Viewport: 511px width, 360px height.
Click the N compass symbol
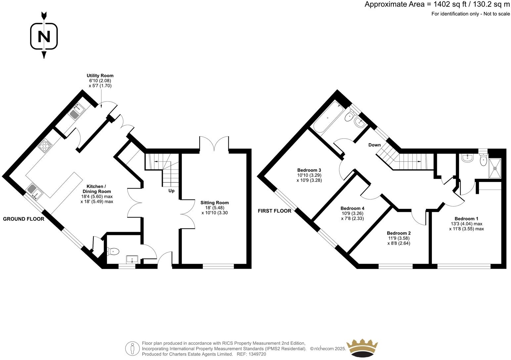(44, 36)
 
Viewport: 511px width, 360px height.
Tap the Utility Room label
(100, 76)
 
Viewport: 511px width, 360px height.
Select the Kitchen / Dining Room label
(97, 189)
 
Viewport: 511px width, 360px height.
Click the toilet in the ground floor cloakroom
(113, 251)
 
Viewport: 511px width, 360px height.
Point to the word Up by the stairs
(171, 191)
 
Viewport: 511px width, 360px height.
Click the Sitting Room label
(214, 202)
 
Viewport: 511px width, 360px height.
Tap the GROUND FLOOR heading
(23, 219)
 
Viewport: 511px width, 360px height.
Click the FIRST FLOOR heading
(274, 211)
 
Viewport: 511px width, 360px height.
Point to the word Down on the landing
(375, 145)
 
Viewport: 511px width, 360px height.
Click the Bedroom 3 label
(309, 170)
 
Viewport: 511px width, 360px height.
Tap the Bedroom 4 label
(352, 208)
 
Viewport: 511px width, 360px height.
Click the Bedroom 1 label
(466, 219)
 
